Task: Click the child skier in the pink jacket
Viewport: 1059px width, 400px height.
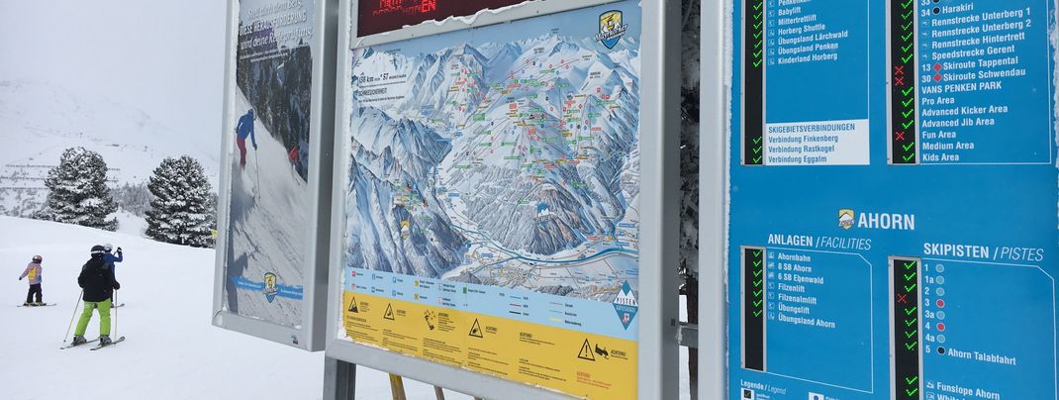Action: [33, 279]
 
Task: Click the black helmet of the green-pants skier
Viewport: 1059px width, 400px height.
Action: [97, 251]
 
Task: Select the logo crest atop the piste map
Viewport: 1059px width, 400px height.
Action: [610, 28]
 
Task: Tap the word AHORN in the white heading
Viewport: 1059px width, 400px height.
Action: [886, 221]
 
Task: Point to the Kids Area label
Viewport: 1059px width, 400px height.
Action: [940, 157]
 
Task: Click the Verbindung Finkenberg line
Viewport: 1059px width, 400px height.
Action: [802, 139]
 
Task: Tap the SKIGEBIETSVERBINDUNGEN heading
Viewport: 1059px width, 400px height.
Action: [811, 128]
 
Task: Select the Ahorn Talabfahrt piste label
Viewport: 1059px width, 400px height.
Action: [981, 352]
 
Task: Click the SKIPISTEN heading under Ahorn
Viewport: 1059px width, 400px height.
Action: [955, 251]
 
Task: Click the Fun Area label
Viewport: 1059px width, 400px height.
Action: [938, 134]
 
